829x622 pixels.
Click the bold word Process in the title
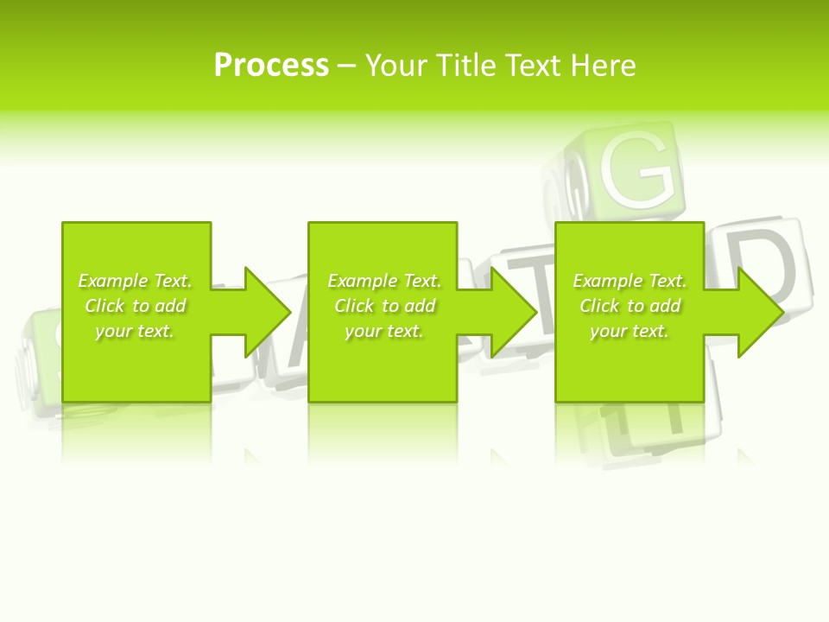tap(271, 66)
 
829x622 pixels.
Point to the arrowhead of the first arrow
tap(269, 312)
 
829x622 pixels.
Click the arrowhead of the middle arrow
tap(515, 312)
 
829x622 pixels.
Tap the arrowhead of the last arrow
tap(761, 312)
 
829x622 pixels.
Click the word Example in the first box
tap(111, 281)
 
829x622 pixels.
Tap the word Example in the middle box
tap(361, 281)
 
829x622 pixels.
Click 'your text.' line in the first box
tap(135, 331)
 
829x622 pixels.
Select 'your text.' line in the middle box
tap(384, 331)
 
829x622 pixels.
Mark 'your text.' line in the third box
tap(630, 331)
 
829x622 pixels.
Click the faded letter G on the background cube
tap(637, 168)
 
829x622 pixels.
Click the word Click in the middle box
tap(354, 306)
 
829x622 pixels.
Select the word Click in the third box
tap(599, 306)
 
